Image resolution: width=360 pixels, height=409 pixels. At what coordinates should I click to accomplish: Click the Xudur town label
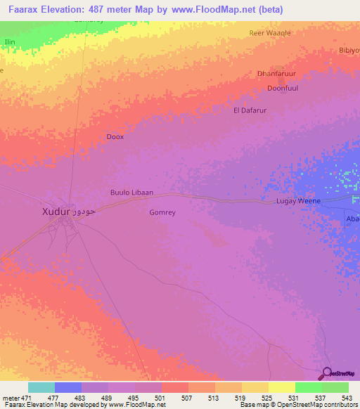[x=56, y=211]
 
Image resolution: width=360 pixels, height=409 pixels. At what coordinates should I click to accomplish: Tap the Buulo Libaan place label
[x=131, y=193]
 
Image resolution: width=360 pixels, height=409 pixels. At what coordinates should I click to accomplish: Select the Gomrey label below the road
[x=162, y=212]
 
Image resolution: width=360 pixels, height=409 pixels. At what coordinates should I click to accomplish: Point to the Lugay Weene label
[x=298, y=201]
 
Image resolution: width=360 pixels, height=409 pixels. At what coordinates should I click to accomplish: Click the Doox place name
[x=115, y=137]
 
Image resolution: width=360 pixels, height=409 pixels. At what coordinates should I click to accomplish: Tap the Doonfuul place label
[x=283, y=89]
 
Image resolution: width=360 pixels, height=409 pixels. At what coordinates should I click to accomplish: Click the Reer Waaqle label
[x=270, y=33]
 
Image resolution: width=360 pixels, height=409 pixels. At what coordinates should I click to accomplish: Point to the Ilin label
[x=10, y=42]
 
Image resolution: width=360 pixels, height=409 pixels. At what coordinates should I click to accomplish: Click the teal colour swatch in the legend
[x=41, y=387]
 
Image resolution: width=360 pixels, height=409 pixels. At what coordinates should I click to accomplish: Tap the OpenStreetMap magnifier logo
[x=326, y=374]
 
